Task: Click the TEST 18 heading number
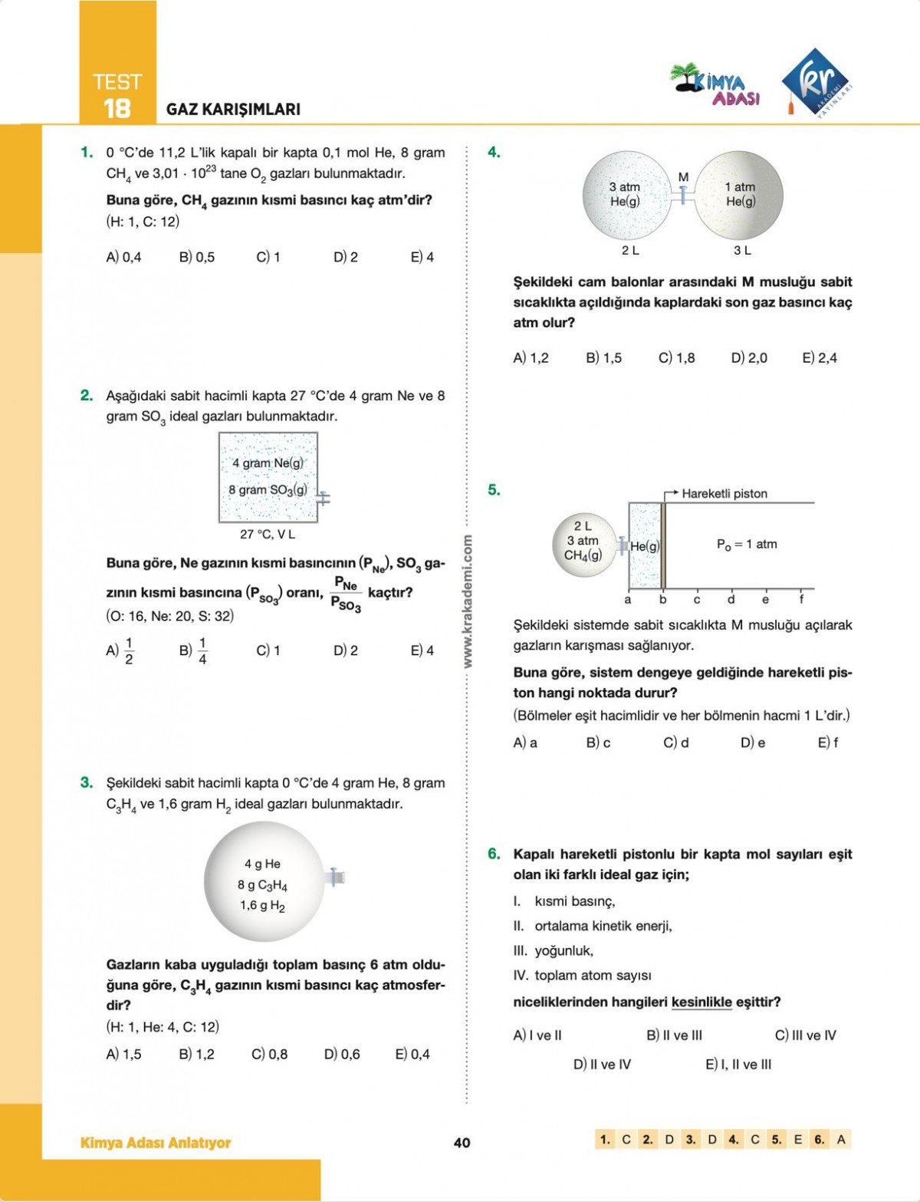pos(117,108)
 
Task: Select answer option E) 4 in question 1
pos(422,257)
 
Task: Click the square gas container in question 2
pos(268,477)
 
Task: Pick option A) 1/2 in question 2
pos(120,650)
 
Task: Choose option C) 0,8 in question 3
pos(270,1054)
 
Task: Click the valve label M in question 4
pos(683,177)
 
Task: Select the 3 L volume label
pos(742,250)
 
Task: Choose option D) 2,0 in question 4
pos(749,357)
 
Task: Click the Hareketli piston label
pos(724,493)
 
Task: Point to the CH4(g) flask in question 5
pos(583,545)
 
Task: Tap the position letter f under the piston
pos(801,600)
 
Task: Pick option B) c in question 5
pos(599,743)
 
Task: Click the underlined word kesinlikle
pos(701,1002)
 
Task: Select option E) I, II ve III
pos(738,1064)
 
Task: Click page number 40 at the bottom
pos(462,1142)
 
